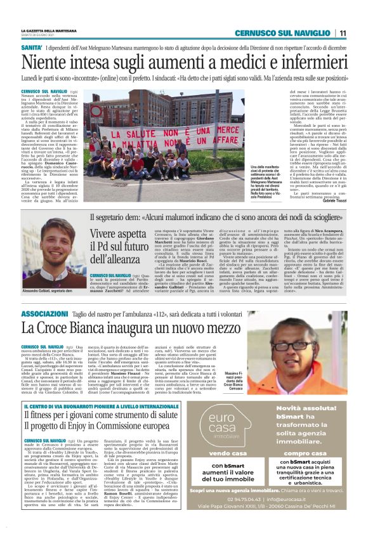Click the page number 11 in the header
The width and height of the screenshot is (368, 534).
tap(343, 33)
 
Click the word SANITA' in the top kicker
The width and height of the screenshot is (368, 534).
tap(32, 48)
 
